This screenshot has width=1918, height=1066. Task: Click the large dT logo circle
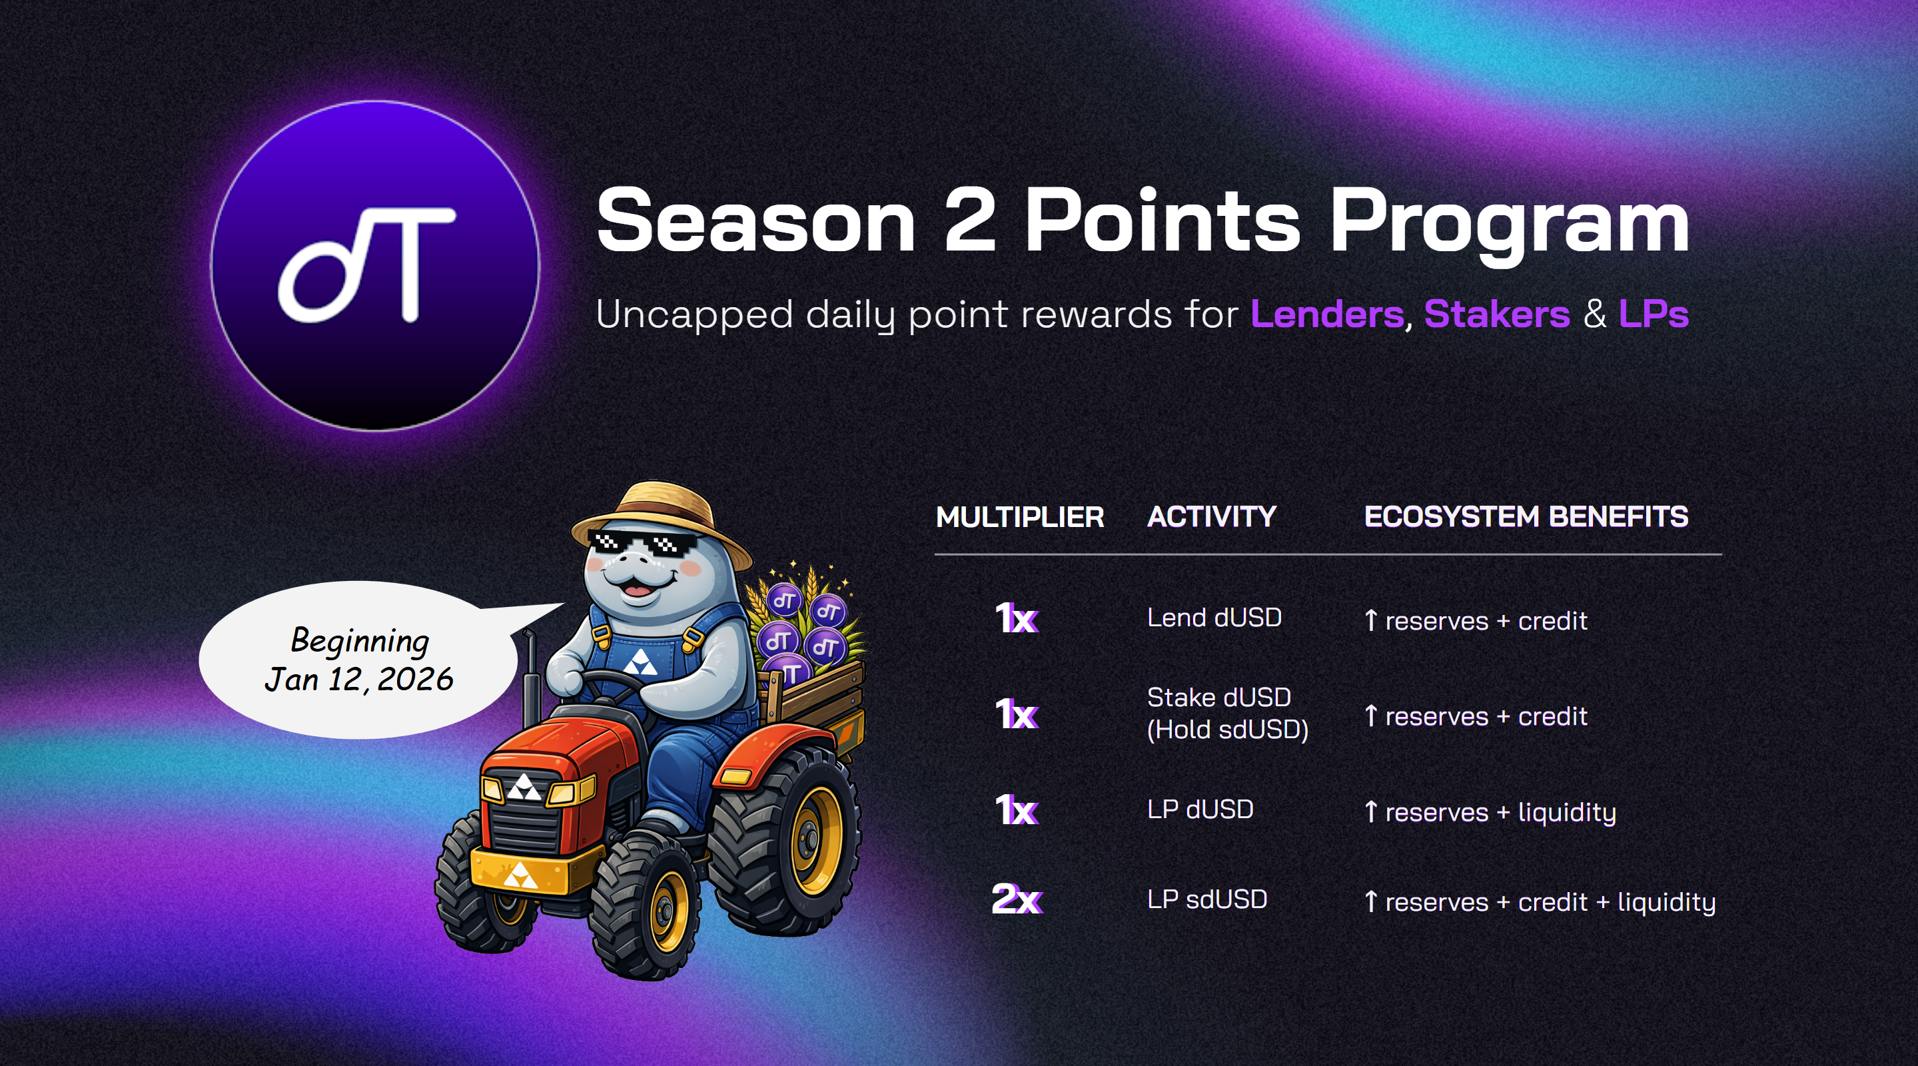[375, 266]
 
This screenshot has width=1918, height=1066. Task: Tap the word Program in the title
[1509, 226]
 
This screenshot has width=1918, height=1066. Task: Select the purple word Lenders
[1327, 314]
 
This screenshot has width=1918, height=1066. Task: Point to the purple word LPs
[1654, 314]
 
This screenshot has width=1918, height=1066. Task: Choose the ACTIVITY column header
[1211, 516]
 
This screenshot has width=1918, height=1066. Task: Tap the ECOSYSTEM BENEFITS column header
[1526, 516]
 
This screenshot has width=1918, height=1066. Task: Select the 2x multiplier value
[1017, 899]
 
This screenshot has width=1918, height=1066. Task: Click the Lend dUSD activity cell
[1214, 617]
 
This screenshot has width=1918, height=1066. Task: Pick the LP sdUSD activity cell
[1207, 899]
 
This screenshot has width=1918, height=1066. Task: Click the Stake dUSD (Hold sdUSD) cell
[1228, 713]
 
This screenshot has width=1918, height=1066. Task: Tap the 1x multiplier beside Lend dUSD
[1017, 618]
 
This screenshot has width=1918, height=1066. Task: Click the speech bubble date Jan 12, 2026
[359, 679]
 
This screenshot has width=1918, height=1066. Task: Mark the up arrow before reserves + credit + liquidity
[1371, 901]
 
